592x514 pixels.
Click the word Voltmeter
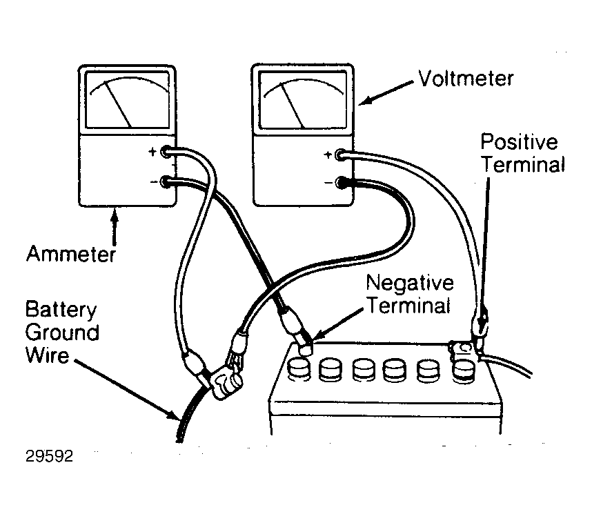466,79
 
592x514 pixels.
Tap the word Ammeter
70,254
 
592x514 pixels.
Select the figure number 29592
49,456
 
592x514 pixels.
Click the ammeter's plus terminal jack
166,152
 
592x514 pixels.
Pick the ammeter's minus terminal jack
166,182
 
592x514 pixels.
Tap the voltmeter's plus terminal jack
341,155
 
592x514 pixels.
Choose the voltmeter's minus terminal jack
341,183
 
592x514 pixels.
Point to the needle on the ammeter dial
117,104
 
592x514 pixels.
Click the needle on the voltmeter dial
293,105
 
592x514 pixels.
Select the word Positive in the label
519,142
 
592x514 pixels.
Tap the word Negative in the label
410,284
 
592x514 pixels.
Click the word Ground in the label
62,333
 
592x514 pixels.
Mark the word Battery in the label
61,310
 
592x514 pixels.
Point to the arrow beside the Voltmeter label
386,92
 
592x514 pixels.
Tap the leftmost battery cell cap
299,369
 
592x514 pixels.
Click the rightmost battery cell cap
464,371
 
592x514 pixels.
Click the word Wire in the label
47,355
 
